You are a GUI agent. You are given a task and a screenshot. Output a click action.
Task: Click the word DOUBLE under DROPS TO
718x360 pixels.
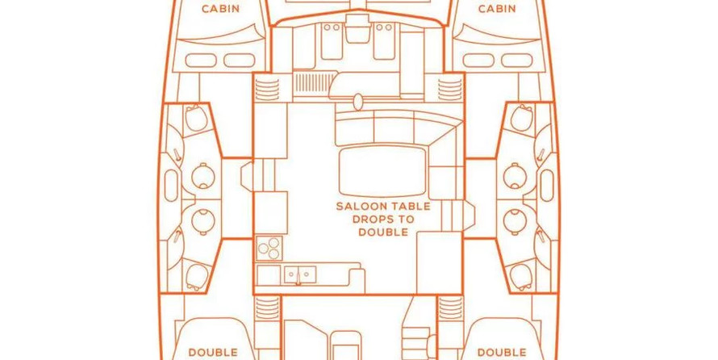coord(383,232)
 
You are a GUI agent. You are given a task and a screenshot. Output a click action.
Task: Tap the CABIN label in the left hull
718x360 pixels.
coord(221,9)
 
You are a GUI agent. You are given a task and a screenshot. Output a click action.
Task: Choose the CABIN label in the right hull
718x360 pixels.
coord(497,9)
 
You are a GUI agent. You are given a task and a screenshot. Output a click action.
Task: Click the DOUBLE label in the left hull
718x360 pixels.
coord(213,353)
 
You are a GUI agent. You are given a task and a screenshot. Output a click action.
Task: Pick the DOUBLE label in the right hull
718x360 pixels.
coord(502,353)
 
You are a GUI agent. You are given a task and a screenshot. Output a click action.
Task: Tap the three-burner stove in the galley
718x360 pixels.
coord(269,248)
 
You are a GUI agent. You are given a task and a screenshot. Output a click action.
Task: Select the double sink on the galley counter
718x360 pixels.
coord(300,274)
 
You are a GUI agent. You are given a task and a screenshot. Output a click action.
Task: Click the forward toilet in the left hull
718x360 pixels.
coord(196,117)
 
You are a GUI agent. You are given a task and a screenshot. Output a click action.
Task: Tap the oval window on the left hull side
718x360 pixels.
coord(171,186)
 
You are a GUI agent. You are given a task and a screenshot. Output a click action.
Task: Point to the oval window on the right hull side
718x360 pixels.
coord(547,186)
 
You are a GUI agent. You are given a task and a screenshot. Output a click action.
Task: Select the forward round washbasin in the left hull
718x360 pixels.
coord(202,176)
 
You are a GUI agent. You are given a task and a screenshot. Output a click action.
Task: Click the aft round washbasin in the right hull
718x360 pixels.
coord(515,222)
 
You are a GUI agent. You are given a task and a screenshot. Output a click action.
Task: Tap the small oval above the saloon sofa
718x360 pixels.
coord(358,103)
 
